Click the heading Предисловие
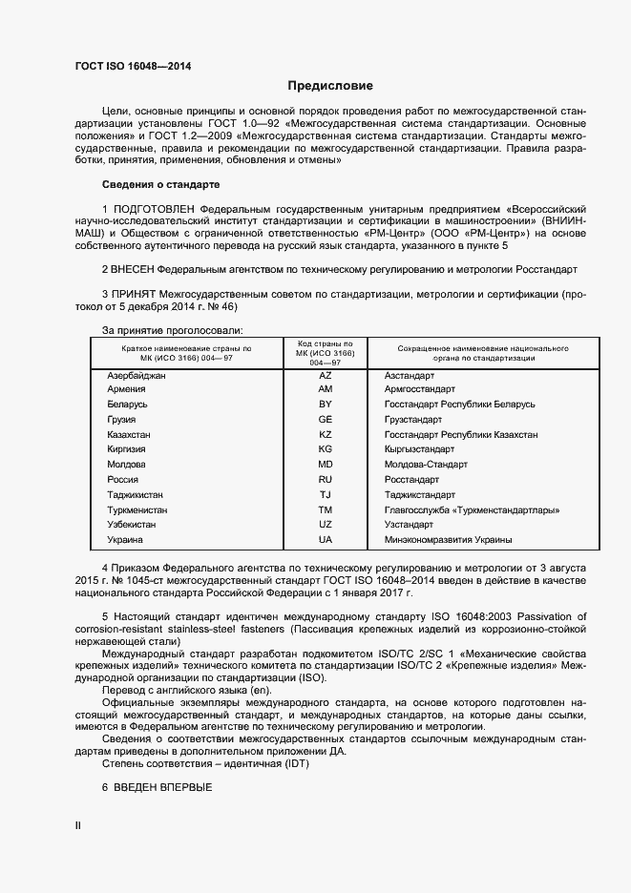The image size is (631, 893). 330,86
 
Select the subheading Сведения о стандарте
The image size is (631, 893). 160,184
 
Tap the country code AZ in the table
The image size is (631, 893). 326,376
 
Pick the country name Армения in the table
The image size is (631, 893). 127,390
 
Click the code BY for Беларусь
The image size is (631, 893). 326,405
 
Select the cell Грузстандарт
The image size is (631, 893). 413,420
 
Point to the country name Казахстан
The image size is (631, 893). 130,434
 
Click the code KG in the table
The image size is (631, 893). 326,449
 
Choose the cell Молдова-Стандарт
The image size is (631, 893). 426,465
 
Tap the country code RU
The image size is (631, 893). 326,480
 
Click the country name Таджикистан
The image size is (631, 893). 136,495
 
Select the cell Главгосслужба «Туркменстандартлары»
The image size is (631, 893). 472,510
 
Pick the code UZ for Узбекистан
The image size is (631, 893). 326,525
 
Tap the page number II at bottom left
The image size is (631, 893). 78,824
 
